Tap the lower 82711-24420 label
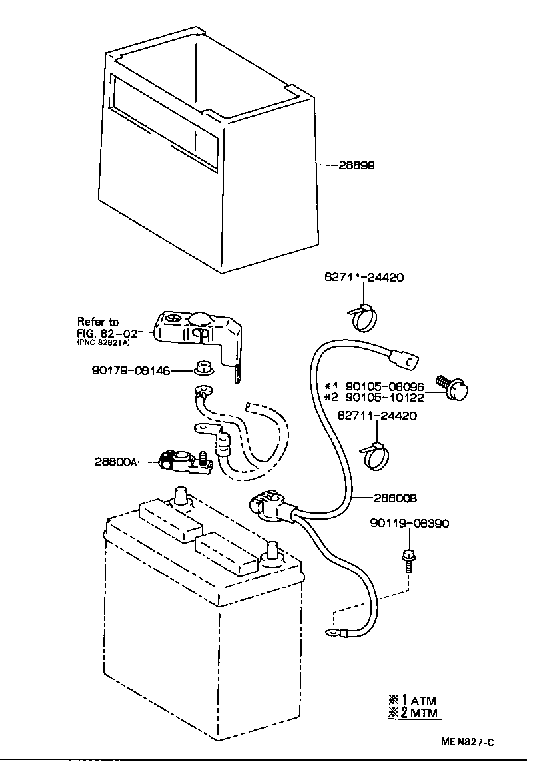pos(377,416)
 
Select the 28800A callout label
pos(116,461)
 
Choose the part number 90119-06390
pos(409,524)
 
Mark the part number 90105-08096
pos(384,386)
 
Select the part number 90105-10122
pos(384,398)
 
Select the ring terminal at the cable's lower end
pos(331,633)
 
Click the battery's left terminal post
pos(181,496)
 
